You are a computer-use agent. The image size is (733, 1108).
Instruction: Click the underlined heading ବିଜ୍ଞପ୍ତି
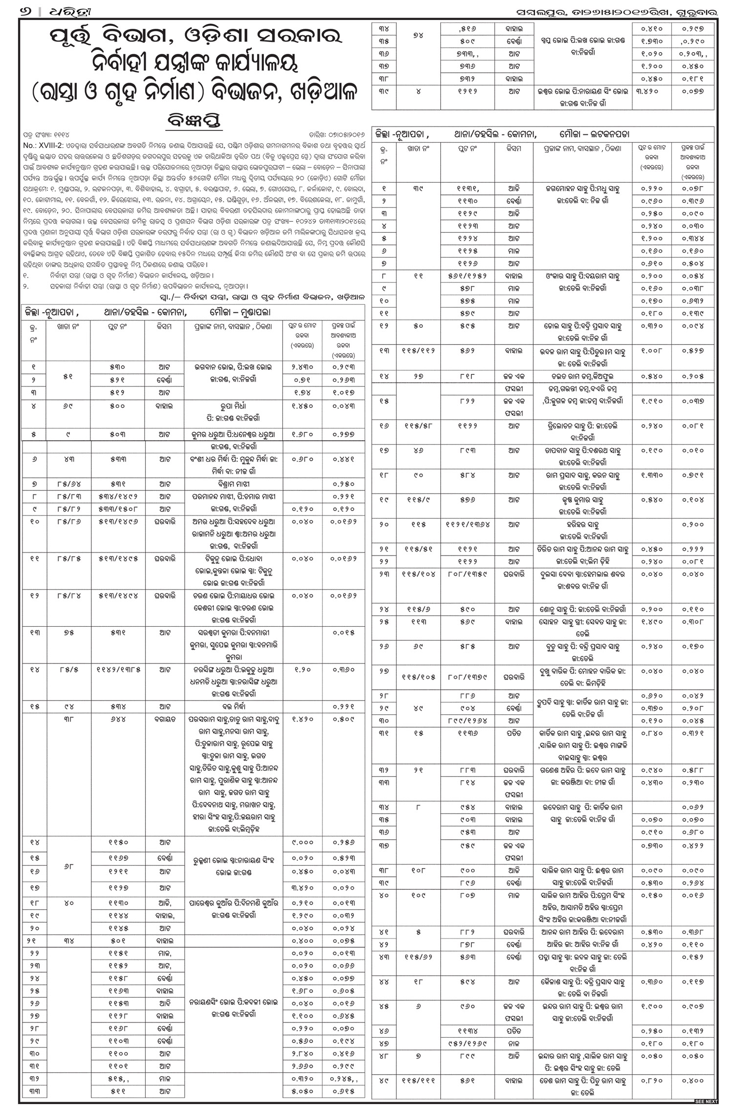pyautogui.click(x=194, y=121)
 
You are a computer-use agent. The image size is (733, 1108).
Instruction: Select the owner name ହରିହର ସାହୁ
pyautogui.click(x=584, y=525)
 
